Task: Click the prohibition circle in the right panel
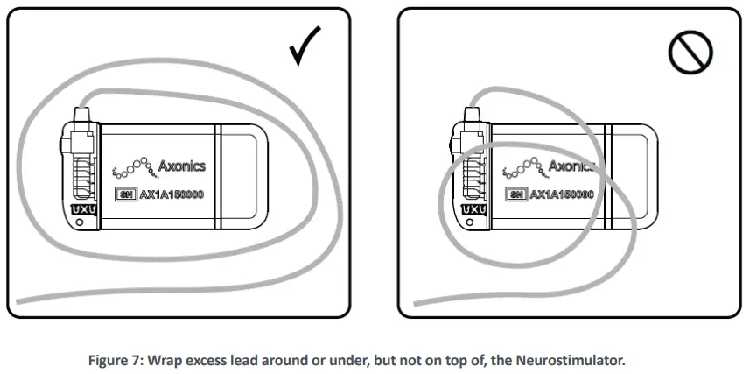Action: coord(691,52)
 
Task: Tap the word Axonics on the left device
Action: coord(184,164)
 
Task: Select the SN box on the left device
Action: coord(124,194)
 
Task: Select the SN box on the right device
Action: coord(515,194)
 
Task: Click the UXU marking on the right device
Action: coord(473,210)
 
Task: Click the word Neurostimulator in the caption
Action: coord(573,358)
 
